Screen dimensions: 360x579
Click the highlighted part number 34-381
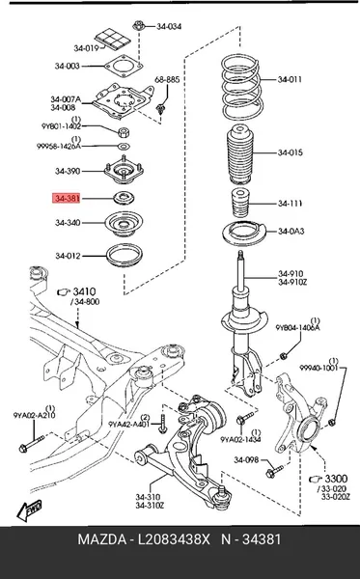click(x=67, y=199)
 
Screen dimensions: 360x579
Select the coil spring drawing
click(x=242, y=88)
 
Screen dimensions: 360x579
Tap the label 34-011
click(x=290, y=79)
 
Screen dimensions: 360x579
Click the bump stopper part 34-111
click(x=240, y=204)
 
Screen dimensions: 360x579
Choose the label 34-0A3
click(x=291, y=232)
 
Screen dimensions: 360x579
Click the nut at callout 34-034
click(x=138, y=27)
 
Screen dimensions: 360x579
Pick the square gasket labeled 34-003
click(x=124, y=67)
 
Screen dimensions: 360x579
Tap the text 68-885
click(x=167, y=79)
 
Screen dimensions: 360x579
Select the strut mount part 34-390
click(x=124, y=173)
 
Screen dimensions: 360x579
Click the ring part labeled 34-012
click(x=125, y=255)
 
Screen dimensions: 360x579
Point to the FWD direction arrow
click(x=29, y=510)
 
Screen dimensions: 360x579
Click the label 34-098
click(x=246, y=460)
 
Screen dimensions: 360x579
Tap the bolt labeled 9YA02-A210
click(x=32, y=444)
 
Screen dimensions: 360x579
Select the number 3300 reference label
click(x=336, y=479)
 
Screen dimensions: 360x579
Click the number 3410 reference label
click(x=84, y=291)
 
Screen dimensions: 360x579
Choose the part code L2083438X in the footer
click(x=174, y=539)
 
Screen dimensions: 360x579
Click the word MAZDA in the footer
click(x=101, y=539)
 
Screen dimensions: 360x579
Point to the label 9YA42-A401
click(x=129, y=425)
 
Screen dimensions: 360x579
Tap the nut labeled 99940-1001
click(x=332, y=422)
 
